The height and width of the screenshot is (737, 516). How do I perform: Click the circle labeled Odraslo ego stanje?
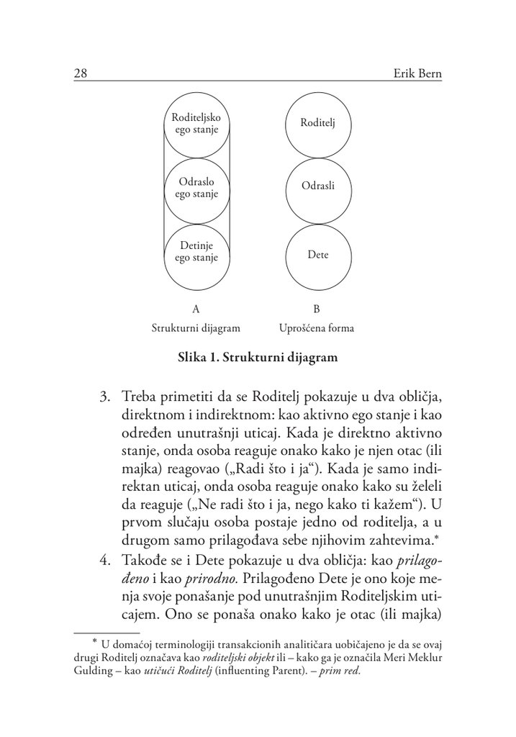tap(196, 188)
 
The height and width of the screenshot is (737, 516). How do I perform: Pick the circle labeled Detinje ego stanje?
tap(196, 252)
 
